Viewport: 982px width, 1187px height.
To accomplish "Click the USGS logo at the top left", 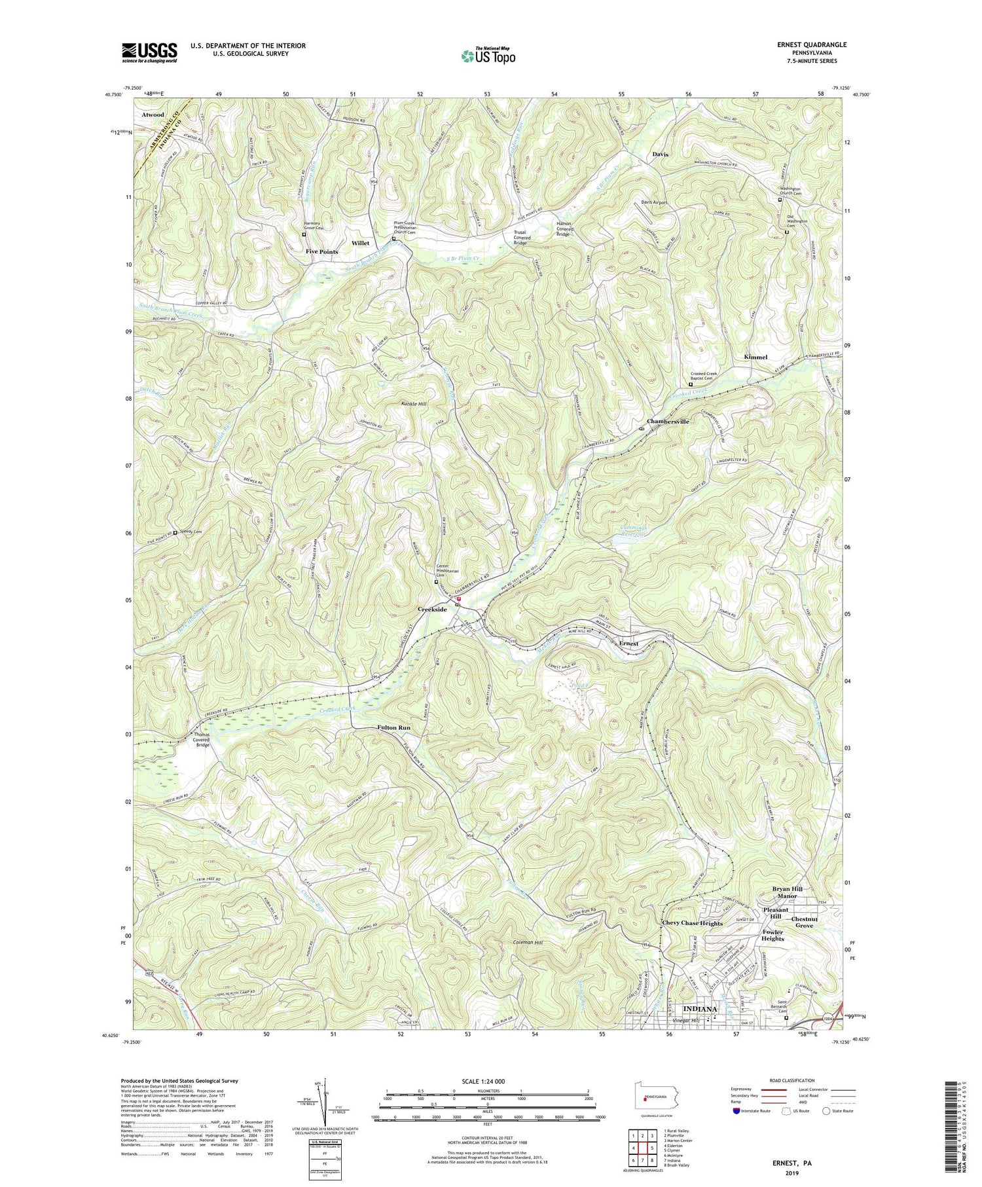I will tap(149, 52).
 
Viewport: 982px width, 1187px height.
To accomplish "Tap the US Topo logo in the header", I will tap(488, 56).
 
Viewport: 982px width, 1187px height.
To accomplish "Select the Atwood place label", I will tap(153, 114).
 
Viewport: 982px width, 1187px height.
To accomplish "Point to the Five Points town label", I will tap(321, 251).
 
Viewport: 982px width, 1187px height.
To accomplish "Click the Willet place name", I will tap(361, 243).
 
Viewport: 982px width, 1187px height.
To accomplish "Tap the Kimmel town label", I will tap(755, 357).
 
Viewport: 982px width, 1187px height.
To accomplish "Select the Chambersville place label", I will tap(668, 422).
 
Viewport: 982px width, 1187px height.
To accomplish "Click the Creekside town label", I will tap(432, 610).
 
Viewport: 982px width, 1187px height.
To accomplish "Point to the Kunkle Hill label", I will tap(414, 405).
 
